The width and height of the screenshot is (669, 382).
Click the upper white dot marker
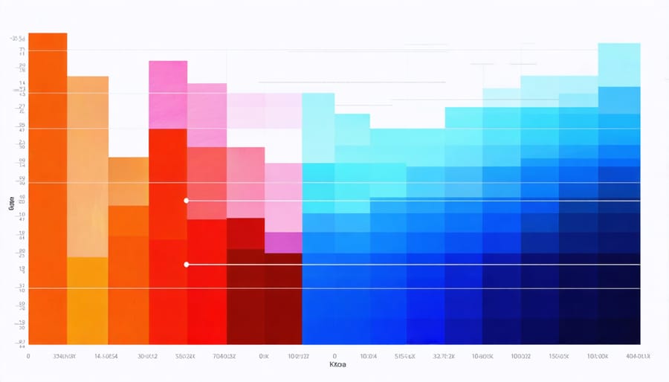186,201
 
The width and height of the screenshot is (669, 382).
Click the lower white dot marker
186,264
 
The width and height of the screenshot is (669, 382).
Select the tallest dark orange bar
48,186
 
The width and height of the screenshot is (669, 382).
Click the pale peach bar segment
88,164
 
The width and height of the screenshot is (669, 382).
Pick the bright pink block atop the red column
167,94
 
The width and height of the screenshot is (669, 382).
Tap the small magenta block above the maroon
282,242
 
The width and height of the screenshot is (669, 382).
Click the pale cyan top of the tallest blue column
618,64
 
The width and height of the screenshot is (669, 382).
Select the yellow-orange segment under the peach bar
88,297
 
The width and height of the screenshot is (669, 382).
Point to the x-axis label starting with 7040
224,357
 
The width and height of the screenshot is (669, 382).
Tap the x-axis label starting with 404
638,357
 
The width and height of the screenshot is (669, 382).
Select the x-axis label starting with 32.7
445,357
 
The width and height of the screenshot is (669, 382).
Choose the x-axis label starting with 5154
406,357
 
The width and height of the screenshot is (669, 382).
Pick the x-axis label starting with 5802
184,357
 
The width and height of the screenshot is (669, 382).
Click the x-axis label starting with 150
557,357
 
